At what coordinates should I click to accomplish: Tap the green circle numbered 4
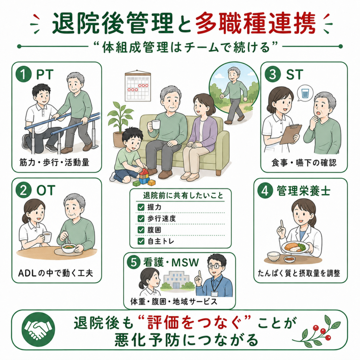coord(265,191)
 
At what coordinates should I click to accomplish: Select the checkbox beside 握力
coord(141,207)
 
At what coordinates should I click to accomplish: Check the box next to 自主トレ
coord(141,241)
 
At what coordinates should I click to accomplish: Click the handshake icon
coord(38,329)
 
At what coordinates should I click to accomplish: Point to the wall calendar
coord(138,86)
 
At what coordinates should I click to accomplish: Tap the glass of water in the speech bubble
coord(305,94)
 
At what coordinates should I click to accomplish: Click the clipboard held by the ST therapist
coord(290,134)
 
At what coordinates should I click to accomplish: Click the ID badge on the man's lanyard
coord(214,294)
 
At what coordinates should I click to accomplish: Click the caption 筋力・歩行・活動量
coord(54,162)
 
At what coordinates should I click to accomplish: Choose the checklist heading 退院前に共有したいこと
coord(183,195)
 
